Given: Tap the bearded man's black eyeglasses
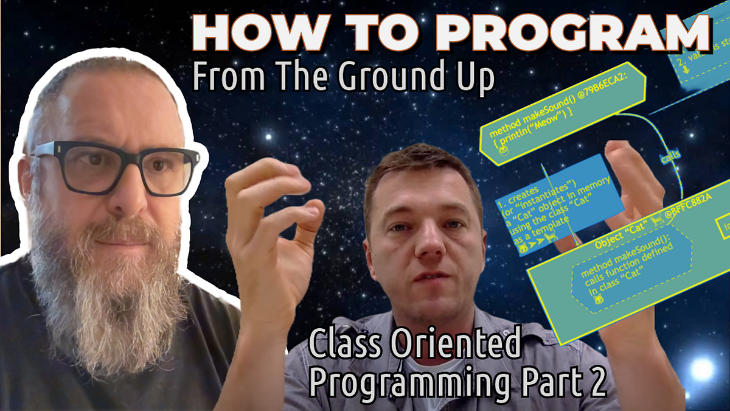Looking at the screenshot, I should pyautogui.click(x=116, y=167).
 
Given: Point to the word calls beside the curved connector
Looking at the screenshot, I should pyautogui.click(x=670, y=158).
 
